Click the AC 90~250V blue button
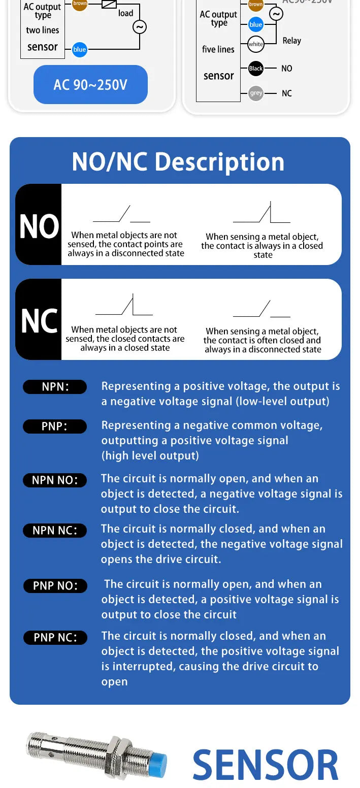click(x=90, y=84)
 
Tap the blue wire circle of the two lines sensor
click(x=80, y=49)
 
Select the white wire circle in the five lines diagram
click(x=255, y=44)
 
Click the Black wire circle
click(x=256, y=68)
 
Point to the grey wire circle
click(x=256, y=93)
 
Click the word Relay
click(x=292, y=41)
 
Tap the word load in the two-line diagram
click(x=125, y=13)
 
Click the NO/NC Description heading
click(x=178, y=162)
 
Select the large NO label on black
click(x=39, y=226)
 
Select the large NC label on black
click(x=39, y=321)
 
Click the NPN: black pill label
click(x=55, y=386)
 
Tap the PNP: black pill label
click(x=55, y=426)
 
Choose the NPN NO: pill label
click(x=55, y=480)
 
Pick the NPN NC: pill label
click(x=55, y=531)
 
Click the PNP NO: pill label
click(x=55, y=586)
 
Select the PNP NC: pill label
click(x=55, y=637)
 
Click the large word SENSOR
click(x=266, y=765)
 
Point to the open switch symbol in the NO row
click(x=121, y=214)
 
